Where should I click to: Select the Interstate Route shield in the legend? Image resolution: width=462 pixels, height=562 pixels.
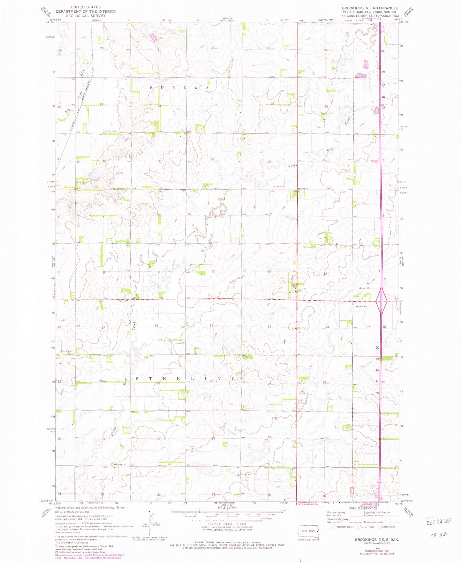[x=333, y=527]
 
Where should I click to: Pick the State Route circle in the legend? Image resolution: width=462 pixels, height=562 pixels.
[x=380, y=527]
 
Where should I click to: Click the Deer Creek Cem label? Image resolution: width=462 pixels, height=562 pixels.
[x=67, y=352]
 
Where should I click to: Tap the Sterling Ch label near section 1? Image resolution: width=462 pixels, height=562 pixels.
[x=303, y=189]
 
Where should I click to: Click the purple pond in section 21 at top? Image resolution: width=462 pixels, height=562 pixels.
[x=153, y=38]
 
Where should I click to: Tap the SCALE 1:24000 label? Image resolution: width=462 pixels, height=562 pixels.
[x=227, y=507]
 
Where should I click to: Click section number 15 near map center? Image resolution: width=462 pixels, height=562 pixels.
[x=211, y=326]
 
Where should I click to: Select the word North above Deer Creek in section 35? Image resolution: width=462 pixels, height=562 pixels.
[x=292, y=166]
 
